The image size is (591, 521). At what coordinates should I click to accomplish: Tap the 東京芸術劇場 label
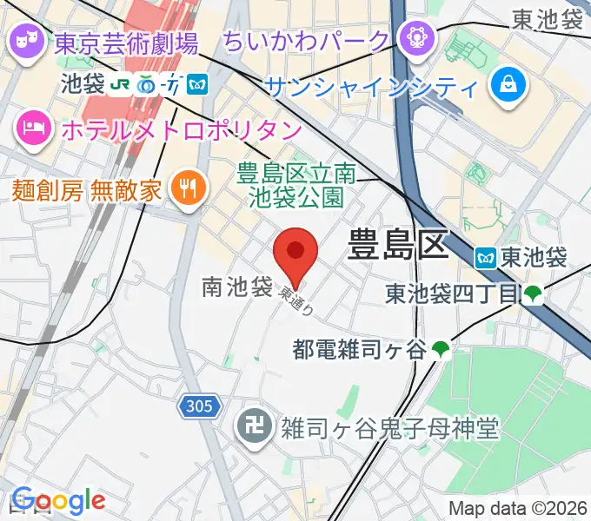point(126,41)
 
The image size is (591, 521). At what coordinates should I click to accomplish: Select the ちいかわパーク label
point(306,40)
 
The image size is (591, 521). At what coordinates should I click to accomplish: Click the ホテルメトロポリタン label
point(182,130)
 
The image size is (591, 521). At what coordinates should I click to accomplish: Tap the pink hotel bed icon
point(33,130)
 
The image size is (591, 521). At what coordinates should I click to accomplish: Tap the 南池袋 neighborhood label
point(237,287)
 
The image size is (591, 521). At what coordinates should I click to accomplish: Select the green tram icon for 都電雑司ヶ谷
point(442,350)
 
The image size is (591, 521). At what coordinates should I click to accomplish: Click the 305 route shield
point(201,406)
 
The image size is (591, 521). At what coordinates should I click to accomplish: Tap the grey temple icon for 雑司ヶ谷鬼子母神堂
point(254,427)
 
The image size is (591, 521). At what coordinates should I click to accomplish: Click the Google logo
point(58,501)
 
